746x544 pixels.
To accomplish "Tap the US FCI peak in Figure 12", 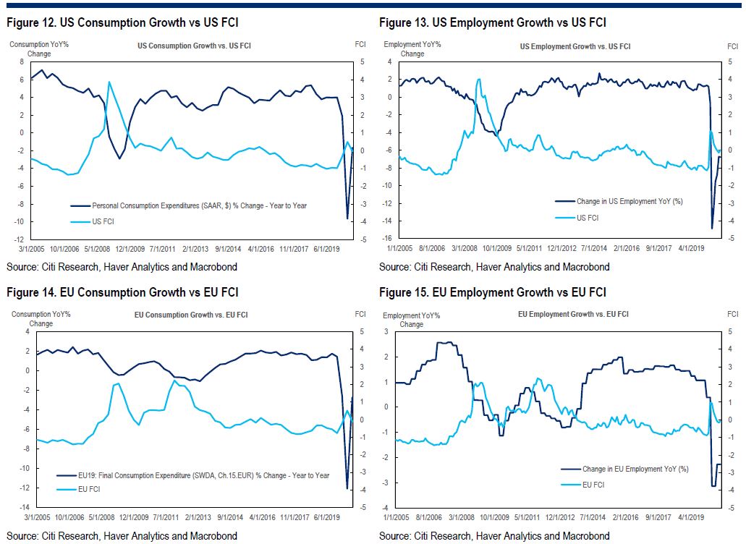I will point(109,82).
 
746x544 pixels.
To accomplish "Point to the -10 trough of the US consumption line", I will point(347,218).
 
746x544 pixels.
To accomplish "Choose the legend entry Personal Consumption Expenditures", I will point(199,205).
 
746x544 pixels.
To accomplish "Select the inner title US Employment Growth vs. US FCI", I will point(575,46).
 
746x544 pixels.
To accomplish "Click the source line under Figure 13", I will point(494,267).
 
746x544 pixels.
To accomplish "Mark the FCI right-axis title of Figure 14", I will point(360,314).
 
